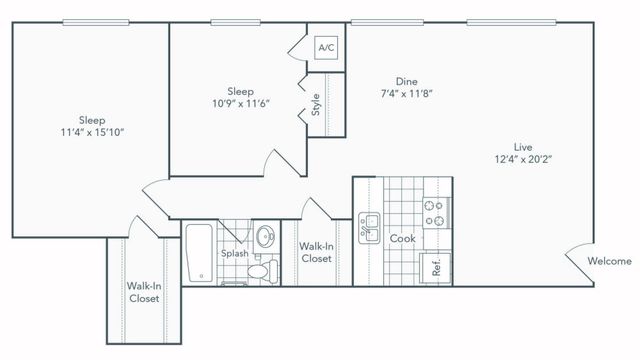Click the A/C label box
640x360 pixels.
(326, 47)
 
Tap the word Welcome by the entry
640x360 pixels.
(609, 261)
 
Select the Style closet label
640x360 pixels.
(316, 105)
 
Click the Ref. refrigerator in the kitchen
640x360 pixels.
(437, 267)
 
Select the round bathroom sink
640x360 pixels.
(266, 237)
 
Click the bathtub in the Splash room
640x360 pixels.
(198, 254)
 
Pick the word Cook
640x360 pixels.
(402, 239)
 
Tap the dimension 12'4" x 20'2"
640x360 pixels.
(523, 157)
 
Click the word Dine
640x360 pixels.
(405, 81)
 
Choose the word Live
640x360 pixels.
(523, 144)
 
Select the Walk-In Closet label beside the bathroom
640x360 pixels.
(316, 251)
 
